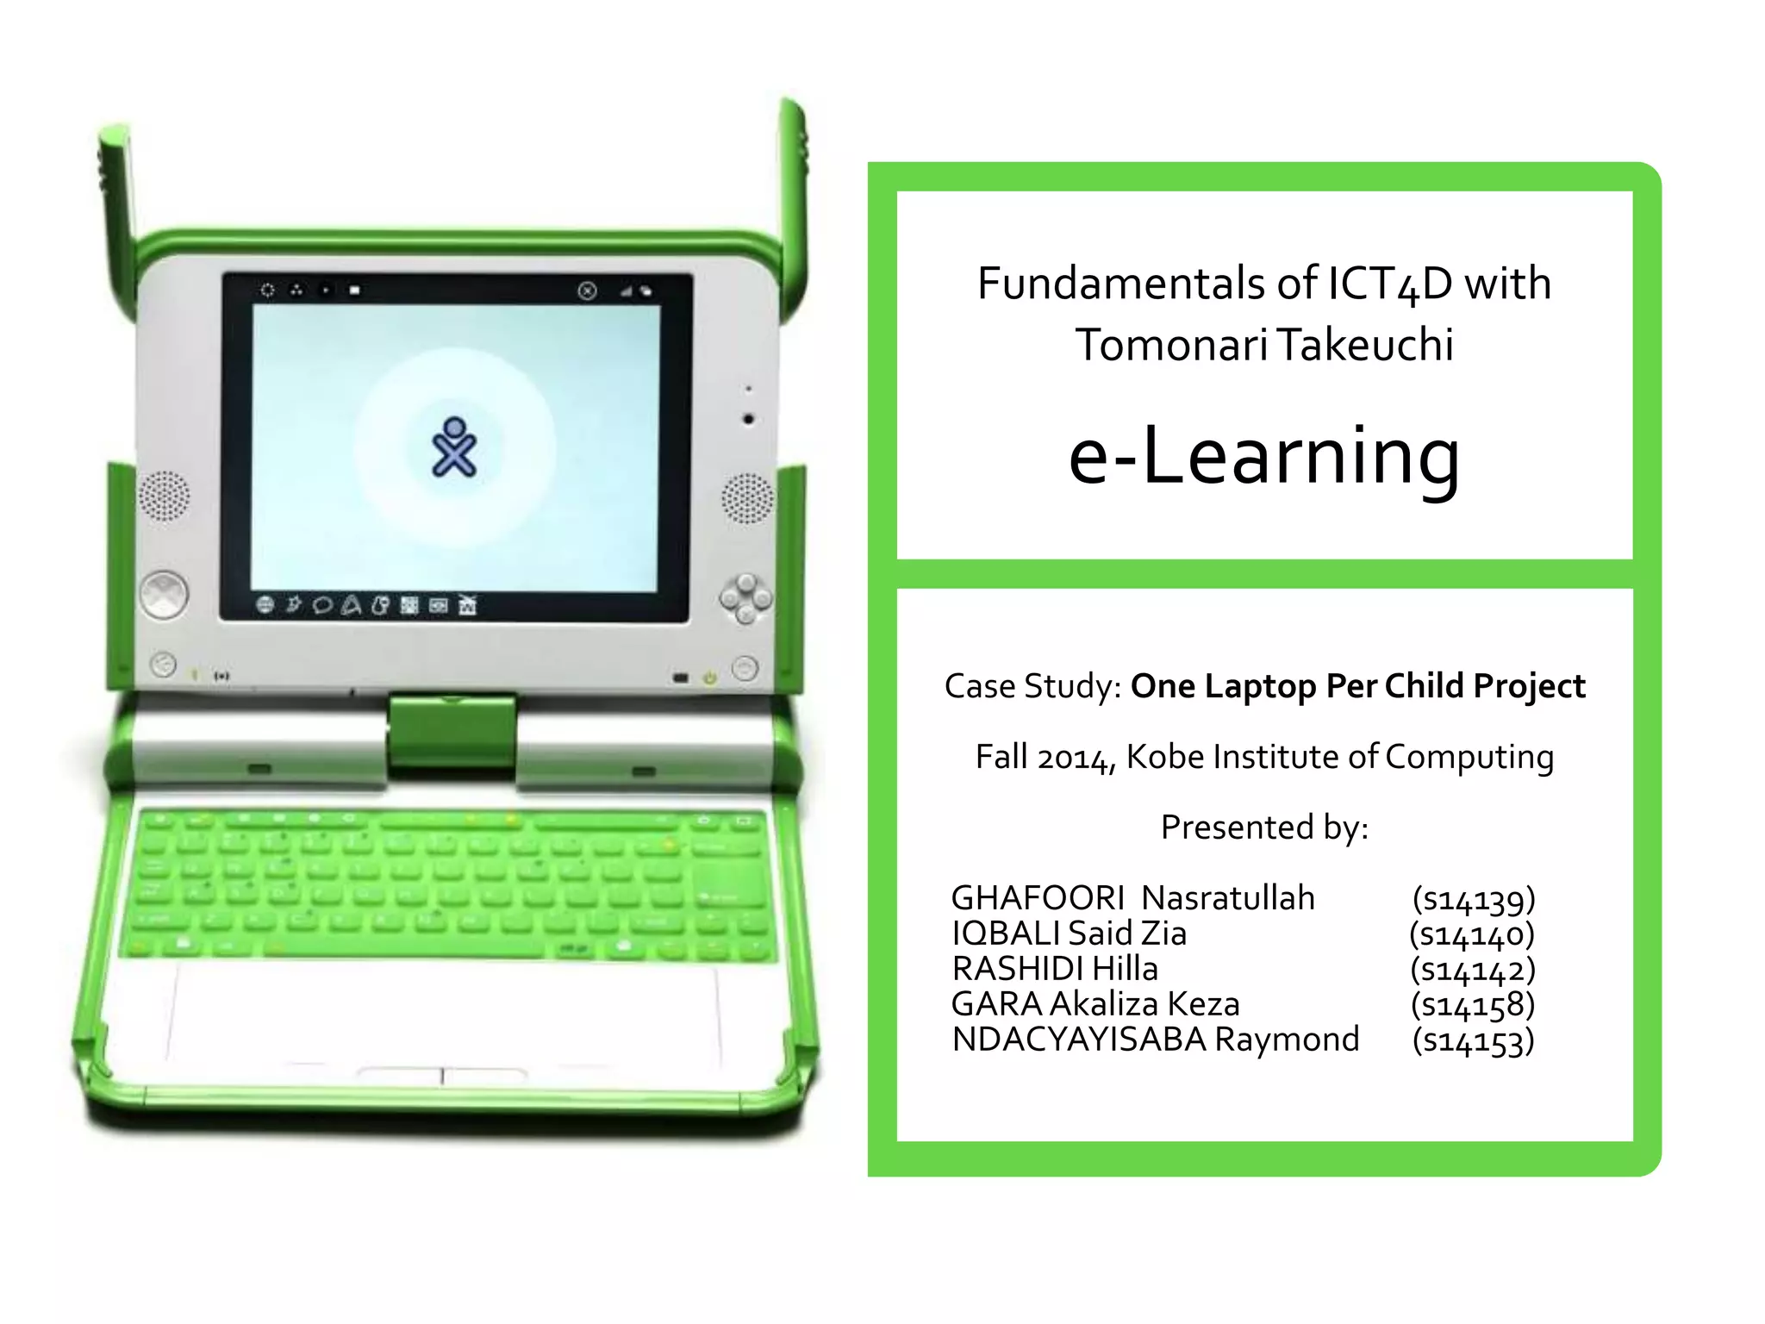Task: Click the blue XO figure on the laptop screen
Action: [453, 447]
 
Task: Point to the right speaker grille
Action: [747, 498]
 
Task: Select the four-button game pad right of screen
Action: [745, 598]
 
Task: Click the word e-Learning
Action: [1264, 456]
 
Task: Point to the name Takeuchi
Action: [1365, 345]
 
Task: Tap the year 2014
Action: [1076, 758]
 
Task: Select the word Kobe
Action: [1164, 757]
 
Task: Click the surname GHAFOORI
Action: [1038, 898]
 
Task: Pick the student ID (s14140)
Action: [1473, 934]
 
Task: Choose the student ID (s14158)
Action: [1473, 1004]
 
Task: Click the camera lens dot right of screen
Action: [748, 419]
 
